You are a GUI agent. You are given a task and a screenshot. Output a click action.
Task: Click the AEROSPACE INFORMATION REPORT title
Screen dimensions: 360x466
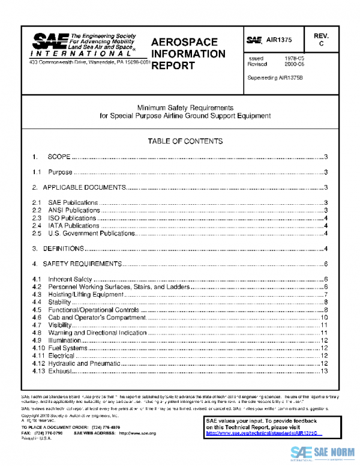tap(188, 54)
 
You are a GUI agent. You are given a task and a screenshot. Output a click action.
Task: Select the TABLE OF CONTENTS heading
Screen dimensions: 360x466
tap(185, 141)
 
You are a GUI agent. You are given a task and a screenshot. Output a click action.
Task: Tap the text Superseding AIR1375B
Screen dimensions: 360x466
tap(275, 78)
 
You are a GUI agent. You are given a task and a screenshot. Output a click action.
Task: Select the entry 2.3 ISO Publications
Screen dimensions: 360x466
tap(67, 218)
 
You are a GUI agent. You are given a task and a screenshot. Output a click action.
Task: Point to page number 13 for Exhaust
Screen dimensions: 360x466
tap(323, 371)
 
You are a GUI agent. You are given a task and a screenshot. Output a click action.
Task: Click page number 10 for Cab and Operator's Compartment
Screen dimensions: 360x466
tap(323, 317)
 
